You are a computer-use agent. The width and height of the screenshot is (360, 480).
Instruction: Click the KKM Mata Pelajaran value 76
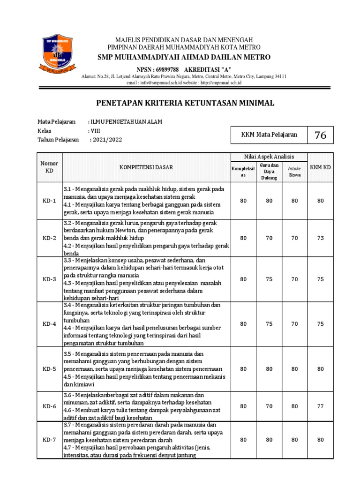pos(320,135)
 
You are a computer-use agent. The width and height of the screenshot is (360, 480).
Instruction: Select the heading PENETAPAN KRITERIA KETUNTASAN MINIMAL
pos(185,103)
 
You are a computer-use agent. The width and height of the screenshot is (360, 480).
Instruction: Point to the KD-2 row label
pos(49,238)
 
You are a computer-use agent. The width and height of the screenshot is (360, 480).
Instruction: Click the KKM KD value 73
pos(320,238)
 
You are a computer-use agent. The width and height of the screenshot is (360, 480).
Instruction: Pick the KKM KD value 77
pos(320,406)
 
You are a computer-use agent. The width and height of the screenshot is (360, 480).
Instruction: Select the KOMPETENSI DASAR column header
pos(146,167)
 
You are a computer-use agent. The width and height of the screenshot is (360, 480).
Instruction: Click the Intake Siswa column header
pos(294,171)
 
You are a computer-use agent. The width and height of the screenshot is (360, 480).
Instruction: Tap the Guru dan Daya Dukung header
pos(269,172)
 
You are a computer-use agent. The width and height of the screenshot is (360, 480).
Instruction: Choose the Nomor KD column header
pos(49,167)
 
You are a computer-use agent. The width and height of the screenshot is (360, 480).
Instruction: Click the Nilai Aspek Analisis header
pos(269,157)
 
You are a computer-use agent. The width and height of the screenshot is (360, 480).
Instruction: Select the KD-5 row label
pos(49,369)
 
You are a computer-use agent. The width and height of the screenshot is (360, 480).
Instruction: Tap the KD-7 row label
pos(49,440)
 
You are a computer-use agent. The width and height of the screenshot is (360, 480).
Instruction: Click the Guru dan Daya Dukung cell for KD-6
pos(269,406)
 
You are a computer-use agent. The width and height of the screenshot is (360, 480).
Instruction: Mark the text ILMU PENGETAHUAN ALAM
pos(126,122)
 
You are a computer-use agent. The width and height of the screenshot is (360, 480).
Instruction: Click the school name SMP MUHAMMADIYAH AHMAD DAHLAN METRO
pos(184,57)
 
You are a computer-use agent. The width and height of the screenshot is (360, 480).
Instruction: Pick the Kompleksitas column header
pos(243,172)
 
